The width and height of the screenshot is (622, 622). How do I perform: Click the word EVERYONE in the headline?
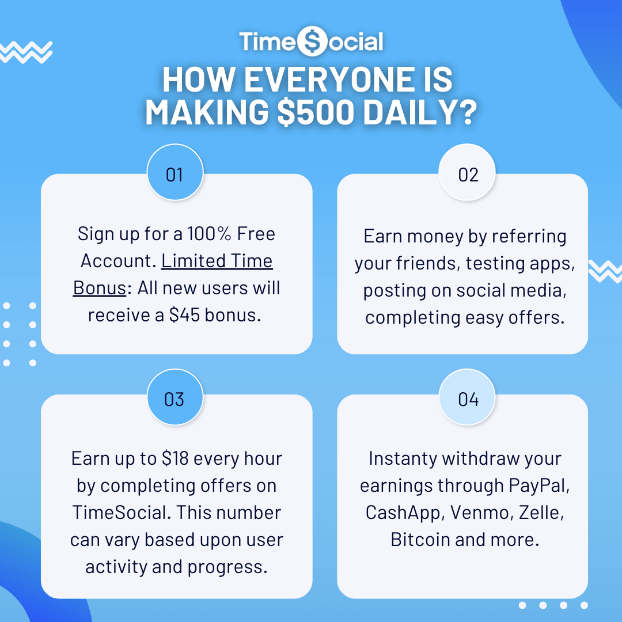click(328, 81)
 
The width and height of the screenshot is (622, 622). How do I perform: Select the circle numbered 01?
click(175, 174)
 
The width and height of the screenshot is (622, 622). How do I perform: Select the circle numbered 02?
click(468, 174)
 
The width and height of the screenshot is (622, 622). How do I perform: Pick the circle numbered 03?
click(175, 399)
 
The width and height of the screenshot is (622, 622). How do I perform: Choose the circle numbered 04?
click(468, 399)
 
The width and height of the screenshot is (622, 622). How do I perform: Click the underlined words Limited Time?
click(217, 261)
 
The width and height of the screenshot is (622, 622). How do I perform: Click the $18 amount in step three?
click(175, 458)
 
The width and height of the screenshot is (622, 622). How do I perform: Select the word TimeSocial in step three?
click(120, 513)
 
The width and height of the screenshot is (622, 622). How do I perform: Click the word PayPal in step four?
click(539, 486)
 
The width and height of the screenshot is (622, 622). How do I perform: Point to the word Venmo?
click(480, 513)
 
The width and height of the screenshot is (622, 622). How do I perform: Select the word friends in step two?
click(430, 263)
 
